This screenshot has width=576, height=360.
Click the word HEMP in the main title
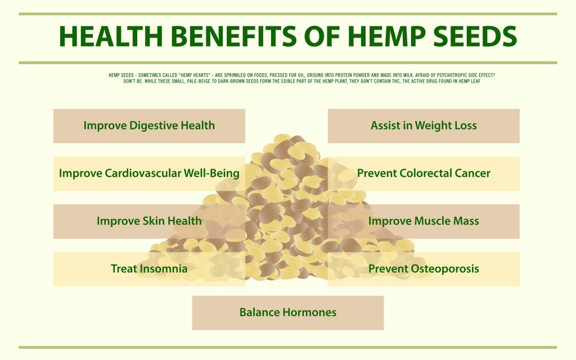[386, 36]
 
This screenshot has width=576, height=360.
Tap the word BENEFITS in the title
[233, 36]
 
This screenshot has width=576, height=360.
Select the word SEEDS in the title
[475, 36]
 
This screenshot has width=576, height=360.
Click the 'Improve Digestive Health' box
[149, 125]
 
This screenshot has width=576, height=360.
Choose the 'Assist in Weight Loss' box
[424, 125]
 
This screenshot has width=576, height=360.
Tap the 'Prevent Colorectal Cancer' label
[424, 173]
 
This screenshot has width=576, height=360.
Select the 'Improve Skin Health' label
[149, 220]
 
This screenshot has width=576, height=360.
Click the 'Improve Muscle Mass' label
[424, 220]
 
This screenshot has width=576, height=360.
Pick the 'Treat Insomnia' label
[149, 268]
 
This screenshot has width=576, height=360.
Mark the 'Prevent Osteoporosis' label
[424, 268]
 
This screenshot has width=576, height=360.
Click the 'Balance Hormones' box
[288, 313]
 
